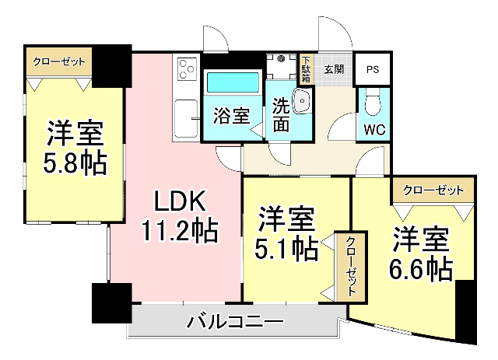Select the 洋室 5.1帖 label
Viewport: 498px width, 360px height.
[x=286, y=233]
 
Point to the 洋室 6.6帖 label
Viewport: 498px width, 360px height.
[x=421, y=253]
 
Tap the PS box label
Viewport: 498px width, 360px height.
[x=373, y=68]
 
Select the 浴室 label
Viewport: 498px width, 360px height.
[x=231, y=117]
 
